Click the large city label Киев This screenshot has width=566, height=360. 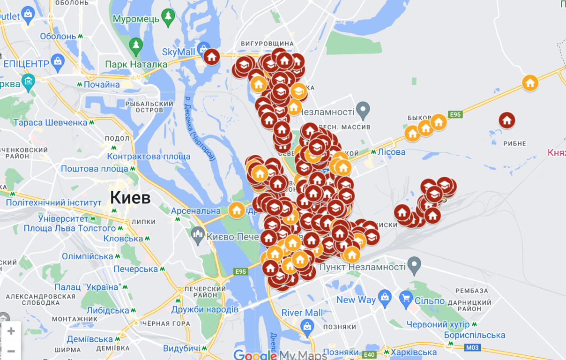tap(130, 197)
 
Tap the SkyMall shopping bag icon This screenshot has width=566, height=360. tap(203, 48)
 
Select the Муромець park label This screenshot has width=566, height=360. tap(136, 19)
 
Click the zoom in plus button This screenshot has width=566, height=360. tap(11, 331)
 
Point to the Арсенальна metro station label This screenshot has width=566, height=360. tap(195, 211)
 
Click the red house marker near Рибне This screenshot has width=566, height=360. tap(506, 120)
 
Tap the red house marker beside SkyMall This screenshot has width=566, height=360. tap(212, 57)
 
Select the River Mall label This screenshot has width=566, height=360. tap(302, 313)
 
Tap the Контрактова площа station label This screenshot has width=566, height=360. tap(149, 157)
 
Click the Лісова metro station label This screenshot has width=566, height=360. tap(391, 152)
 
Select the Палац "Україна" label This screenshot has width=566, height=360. tap(88, 286)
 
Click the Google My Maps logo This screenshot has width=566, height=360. tap(280, 355)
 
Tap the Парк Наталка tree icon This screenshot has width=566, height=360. tap(136, 45)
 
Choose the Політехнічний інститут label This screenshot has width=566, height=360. tap(53, 202)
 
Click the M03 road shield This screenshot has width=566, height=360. tap(472, 347)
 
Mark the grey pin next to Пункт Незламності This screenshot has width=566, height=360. tap(414, 266)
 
